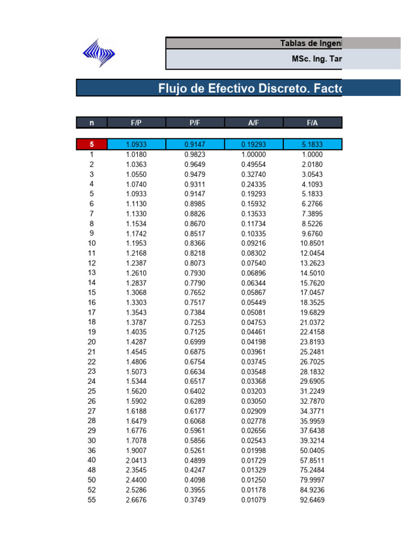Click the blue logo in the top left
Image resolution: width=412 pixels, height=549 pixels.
click(98, 53)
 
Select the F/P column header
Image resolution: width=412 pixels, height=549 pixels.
click(136, 123)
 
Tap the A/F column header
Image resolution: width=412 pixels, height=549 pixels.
click(254, 123)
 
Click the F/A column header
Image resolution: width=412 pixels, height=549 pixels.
click(312, 123)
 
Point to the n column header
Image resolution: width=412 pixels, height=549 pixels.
click(92, 123)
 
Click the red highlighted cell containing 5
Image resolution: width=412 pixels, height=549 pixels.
click(92, 144)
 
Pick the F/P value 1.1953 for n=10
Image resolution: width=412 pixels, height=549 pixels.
click(136, 243)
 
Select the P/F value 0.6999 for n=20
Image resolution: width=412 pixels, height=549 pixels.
click(195, 342)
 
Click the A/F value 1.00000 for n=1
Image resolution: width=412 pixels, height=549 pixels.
click(254, 154)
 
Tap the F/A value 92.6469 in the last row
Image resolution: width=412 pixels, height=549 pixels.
click(312, 500)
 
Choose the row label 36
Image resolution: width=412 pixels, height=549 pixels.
click(92, 451)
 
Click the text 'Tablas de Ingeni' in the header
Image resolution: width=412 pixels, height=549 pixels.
click(310, 43)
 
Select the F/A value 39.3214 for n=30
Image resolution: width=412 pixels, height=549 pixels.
click(312, 441)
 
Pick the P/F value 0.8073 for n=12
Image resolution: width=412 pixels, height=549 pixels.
click(195, 263)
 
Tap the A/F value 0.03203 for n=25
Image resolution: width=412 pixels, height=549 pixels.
click(254, 391)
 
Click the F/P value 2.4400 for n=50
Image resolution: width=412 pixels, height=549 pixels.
click(136, 480)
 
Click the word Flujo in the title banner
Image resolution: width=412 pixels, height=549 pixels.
click(174, 88)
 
